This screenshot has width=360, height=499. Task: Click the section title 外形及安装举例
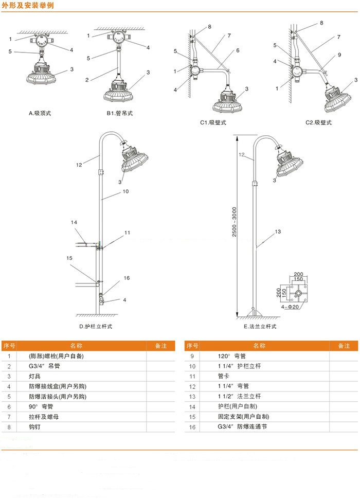click(x=28, y=6)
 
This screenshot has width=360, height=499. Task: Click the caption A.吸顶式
click(x=40, y=113)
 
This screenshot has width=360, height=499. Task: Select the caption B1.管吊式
click(x=120, y=113)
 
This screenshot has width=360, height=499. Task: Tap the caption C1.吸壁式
click(x=213, y=122)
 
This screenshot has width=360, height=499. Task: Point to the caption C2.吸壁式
click(x=318, y=122)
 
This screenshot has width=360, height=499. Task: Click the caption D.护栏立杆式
click(x=96, y=327)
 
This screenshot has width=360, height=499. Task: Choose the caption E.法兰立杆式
click(x=260, y=327)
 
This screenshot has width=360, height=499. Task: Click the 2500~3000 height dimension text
click(x=235, y=222)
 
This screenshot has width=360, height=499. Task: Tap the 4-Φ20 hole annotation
click(x=290, y=307)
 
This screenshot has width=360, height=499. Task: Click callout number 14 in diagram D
click(x=74, y=222)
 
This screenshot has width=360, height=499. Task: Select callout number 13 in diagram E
click(x=278, y=231)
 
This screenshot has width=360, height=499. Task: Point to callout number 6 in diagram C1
click(x=238, y=50)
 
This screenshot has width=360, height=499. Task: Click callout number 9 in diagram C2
click(x=339, y=55)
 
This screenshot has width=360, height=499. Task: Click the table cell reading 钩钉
click(x=34, y=427)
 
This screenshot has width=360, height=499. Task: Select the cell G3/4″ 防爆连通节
click(x=242, y=427)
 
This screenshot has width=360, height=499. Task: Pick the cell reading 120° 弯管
click(x=232, y=356)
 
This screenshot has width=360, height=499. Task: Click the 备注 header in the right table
click(x=344, y=346)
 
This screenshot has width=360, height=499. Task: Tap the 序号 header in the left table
click(x=9, y=346)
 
